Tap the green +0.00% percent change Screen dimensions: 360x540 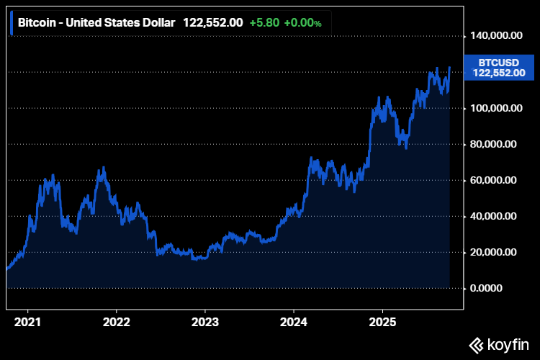pos(302,22)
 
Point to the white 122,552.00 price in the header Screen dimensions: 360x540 pos(212,22)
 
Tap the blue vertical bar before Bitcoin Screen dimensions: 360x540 pos(12,22)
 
